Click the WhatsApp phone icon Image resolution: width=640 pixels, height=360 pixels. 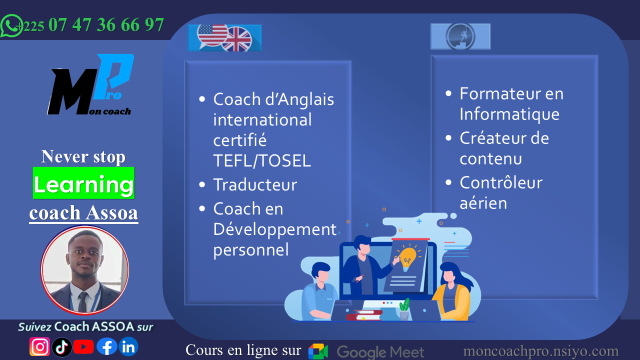click(11, 25)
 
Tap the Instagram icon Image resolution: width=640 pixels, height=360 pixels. click(39, 347)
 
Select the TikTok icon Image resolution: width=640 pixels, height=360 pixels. click(61, 347)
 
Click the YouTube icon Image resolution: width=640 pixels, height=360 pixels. click(83, 347)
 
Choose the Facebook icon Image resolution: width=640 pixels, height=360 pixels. click(107, 347)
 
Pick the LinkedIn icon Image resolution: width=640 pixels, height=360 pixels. click(128, 347)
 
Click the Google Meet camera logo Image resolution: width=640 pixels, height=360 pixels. click(318, 351)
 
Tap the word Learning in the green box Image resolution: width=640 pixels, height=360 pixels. click(83, 184)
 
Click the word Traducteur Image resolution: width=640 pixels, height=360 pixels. click(255, 184)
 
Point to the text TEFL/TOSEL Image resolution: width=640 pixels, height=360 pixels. click(262, 160)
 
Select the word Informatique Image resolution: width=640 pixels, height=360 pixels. click(509, 114)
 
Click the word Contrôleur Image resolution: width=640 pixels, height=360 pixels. click(501, 182)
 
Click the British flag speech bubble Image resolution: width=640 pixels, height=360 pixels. click(237, 39)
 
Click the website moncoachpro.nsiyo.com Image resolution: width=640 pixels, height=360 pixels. click(541, 351)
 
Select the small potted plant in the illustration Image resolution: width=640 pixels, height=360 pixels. click(404, 309)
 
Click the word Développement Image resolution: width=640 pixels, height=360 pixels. click(274, 229)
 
